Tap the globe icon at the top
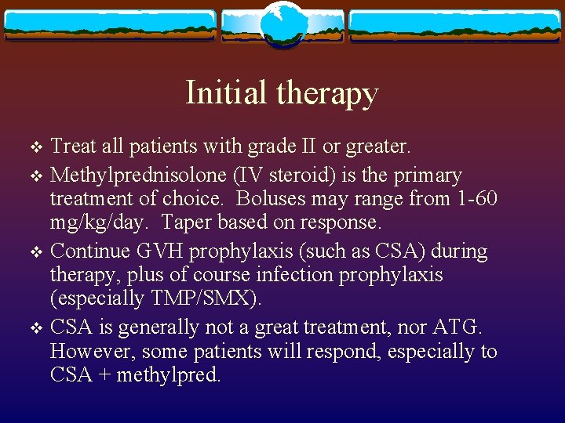point(282,23)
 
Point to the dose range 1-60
point(476,199)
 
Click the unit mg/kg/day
point(97,222)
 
